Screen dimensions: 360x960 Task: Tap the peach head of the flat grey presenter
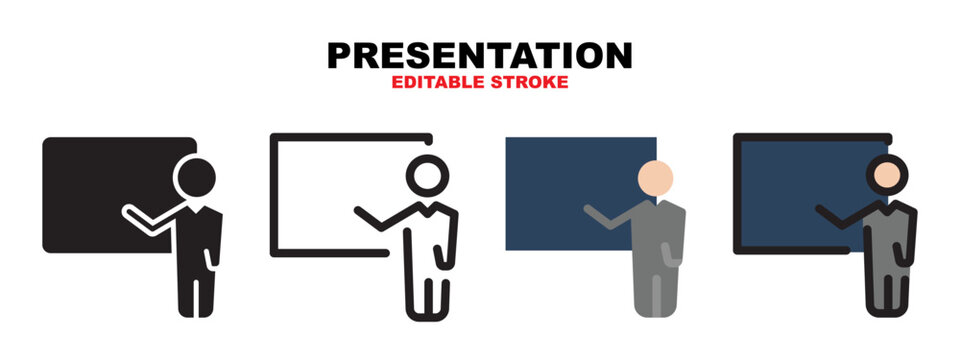click(x=655, y=179)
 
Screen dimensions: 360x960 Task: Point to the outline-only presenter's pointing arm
click(x=380, y=217)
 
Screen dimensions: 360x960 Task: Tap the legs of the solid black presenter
click(x=196, y=290)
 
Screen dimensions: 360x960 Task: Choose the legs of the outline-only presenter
click(x=428, y=290)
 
